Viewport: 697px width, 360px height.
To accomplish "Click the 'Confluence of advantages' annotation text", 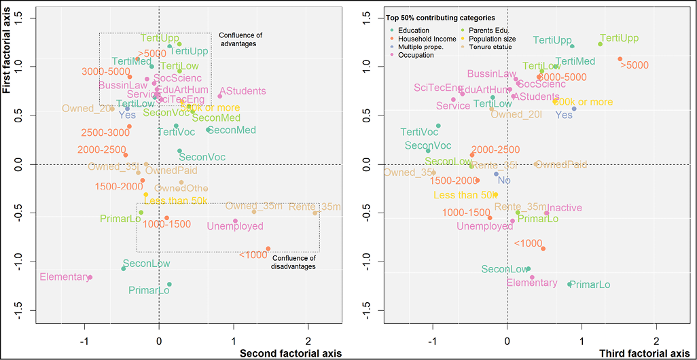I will tap(240, 39).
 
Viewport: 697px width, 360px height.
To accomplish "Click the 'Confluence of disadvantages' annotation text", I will tap(294, 262).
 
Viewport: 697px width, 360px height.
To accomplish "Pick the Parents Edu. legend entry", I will tap(485, 31).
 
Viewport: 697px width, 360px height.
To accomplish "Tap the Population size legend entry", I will tap(490, 39).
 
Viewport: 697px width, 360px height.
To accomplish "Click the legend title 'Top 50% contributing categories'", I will tap(440, 18).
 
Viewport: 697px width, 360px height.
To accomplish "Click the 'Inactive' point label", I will tap(565, 207).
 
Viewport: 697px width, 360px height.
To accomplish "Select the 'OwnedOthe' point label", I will tap(181, 188).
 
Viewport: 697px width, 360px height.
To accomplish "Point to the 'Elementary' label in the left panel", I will tap(65, 277).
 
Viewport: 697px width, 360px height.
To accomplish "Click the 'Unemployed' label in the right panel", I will tap(484, 226).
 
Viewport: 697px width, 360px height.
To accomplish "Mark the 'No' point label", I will tap(503, 180).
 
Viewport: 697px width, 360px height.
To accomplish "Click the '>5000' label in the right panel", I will tap(633, 65).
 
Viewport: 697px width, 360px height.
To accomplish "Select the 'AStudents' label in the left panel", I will tap(242, 91).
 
